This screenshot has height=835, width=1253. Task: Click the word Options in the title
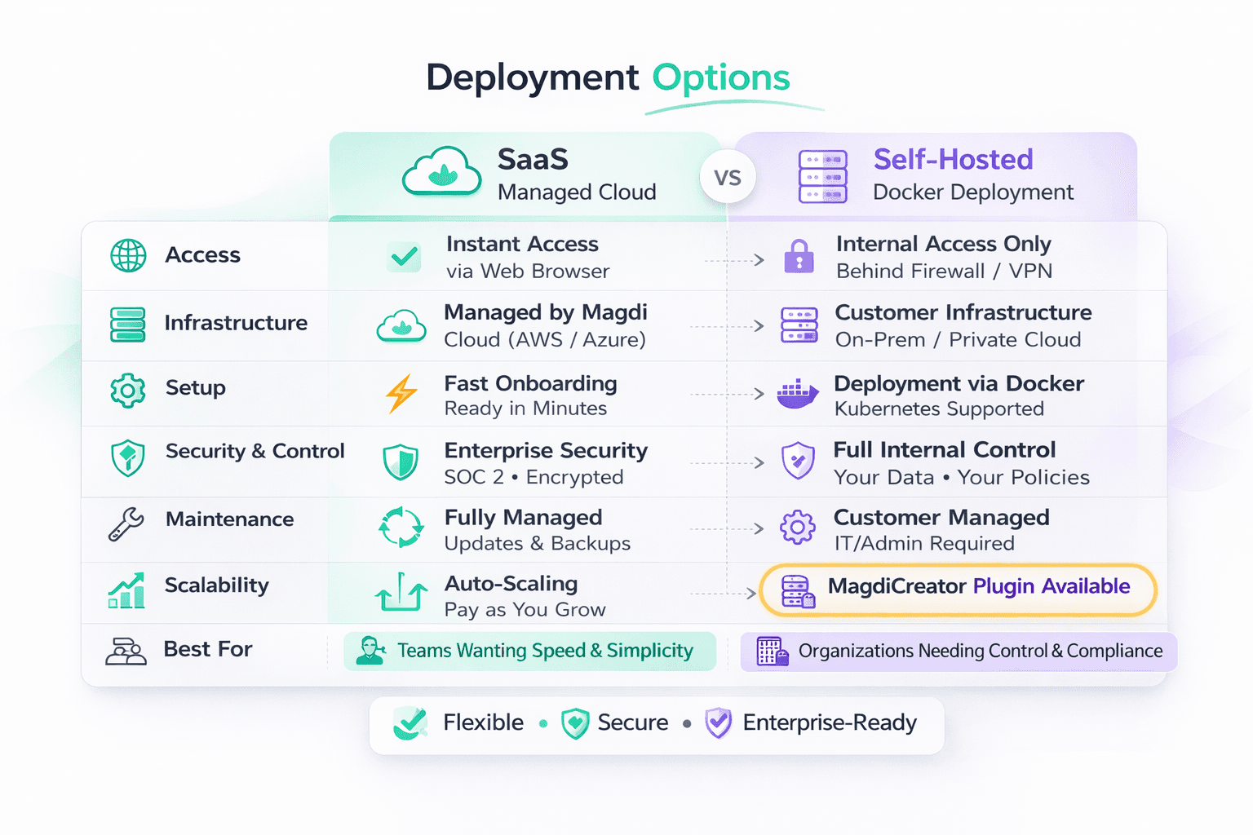[720, 78]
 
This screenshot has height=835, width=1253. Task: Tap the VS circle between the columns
[727, 178]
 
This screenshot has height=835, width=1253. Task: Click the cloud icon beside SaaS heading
[441, 172]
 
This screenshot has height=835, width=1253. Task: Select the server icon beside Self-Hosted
[822, 176]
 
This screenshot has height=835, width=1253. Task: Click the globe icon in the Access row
[128, 255]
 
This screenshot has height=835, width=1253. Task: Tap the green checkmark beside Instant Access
[404, 257]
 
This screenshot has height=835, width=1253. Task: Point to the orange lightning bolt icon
[401, 394]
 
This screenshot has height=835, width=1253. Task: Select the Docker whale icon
[797, 394]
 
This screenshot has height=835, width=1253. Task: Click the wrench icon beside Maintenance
[126, 524]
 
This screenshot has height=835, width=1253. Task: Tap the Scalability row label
[216, 585]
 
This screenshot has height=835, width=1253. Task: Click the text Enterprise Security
[546, 451]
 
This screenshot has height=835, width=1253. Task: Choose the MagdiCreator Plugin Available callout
[958, 589]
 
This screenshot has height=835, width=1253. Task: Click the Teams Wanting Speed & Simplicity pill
[530, 651]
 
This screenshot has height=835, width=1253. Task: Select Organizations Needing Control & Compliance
[959, 652]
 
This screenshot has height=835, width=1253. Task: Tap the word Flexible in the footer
[483, 722]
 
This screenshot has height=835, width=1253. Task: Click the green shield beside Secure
[575, 723]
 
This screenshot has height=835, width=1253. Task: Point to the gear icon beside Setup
[128, 390]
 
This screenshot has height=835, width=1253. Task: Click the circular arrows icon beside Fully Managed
[401, 528]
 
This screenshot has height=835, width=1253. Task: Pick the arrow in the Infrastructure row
[759, 326]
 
